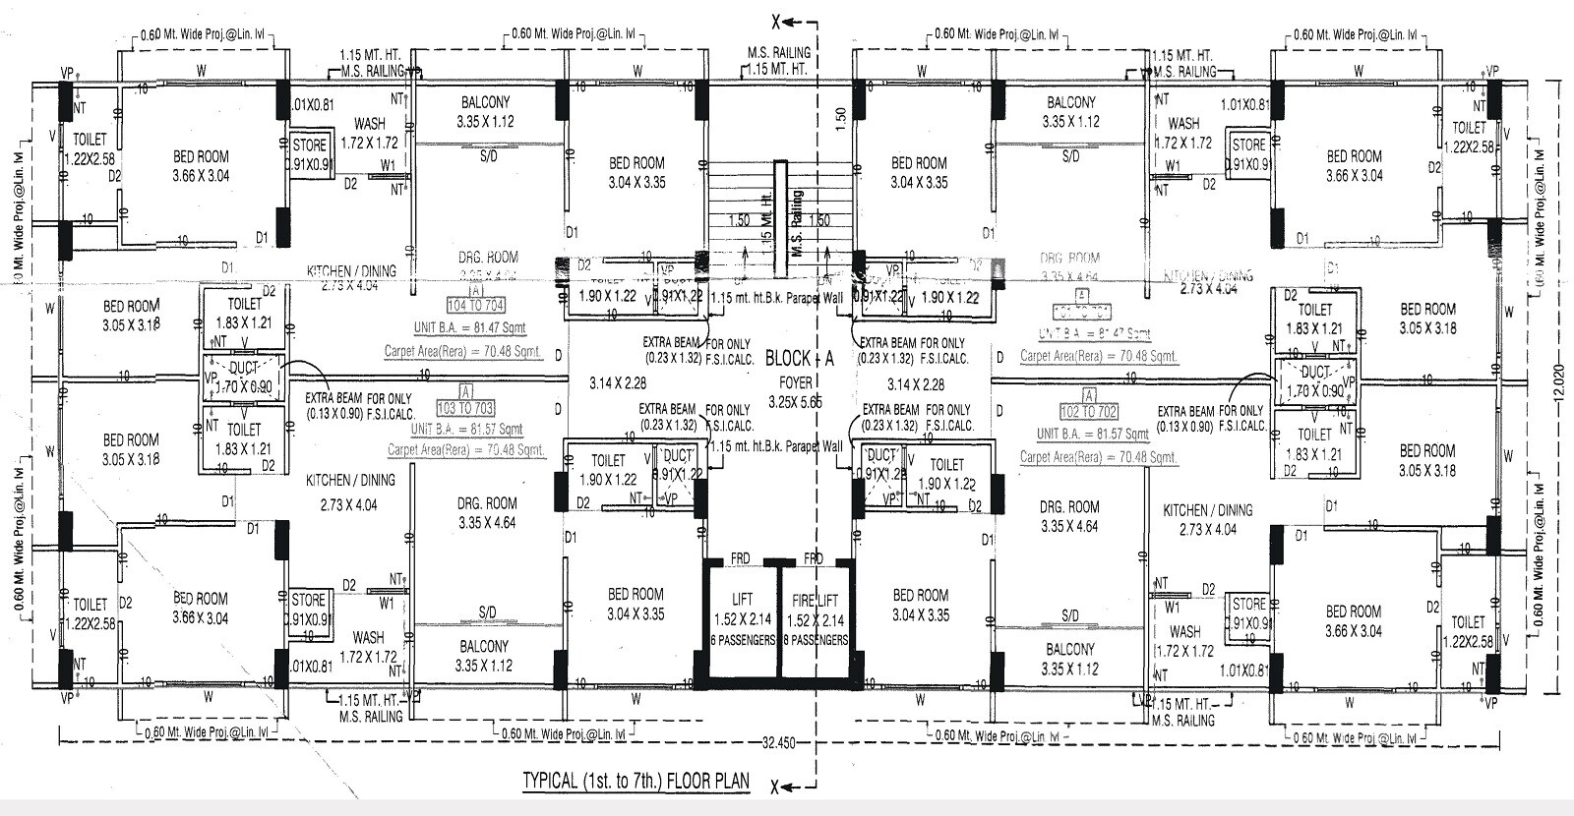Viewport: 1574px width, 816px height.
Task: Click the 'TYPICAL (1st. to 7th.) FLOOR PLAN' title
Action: [636, 783]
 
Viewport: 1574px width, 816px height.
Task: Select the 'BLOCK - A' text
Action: [799, 359]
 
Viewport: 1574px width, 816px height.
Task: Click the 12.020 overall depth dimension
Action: [1555, 388]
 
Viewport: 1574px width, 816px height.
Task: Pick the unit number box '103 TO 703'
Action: [470, 408]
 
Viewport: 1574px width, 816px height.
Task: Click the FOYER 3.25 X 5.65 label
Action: [796, 393]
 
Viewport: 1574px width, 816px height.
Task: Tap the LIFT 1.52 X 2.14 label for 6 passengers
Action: [742, 619]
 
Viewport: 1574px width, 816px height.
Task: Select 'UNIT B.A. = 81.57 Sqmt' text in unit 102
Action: [1092, 434]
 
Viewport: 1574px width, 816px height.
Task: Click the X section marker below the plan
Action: [777, 787]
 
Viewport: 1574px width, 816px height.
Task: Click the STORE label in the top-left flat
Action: [310, 146]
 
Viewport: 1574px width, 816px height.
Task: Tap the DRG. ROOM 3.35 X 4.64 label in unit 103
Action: [486, 513]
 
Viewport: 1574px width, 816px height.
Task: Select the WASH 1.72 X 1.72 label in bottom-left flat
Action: [368, 646]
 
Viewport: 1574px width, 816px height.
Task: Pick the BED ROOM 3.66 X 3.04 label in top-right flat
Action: [1355, 165]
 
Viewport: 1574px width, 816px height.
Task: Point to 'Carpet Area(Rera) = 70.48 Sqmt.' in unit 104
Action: [463, 350]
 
